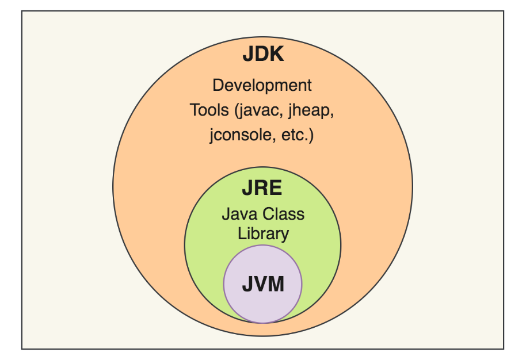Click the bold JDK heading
(263, 56)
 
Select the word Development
(262, 86)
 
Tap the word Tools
(208, 110)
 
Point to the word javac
(258, 110)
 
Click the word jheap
(310, 110)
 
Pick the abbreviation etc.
(294, 136)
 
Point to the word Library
(262, 233)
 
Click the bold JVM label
(262, 284)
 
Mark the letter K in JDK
(277, 56)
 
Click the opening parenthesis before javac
(236, 110)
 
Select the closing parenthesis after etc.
(311, 136)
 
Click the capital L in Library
(241, 233)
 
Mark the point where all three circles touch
(263, 323)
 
